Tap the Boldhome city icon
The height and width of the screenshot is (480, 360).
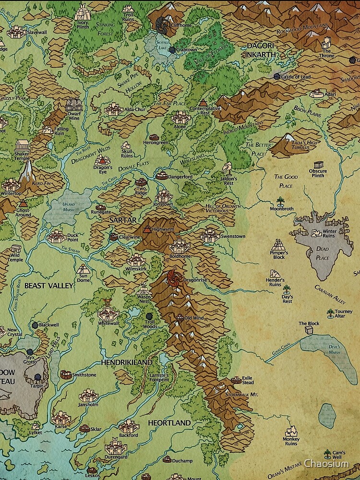180,246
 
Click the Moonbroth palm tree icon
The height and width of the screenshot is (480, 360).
281,202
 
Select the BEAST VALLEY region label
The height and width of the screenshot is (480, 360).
49,286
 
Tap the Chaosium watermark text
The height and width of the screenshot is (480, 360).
330,463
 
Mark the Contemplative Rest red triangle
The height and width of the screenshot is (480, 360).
204,102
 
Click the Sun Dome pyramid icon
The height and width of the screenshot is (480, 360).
83,268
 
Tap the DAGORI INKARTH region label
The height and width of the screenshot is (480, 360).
261,50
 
